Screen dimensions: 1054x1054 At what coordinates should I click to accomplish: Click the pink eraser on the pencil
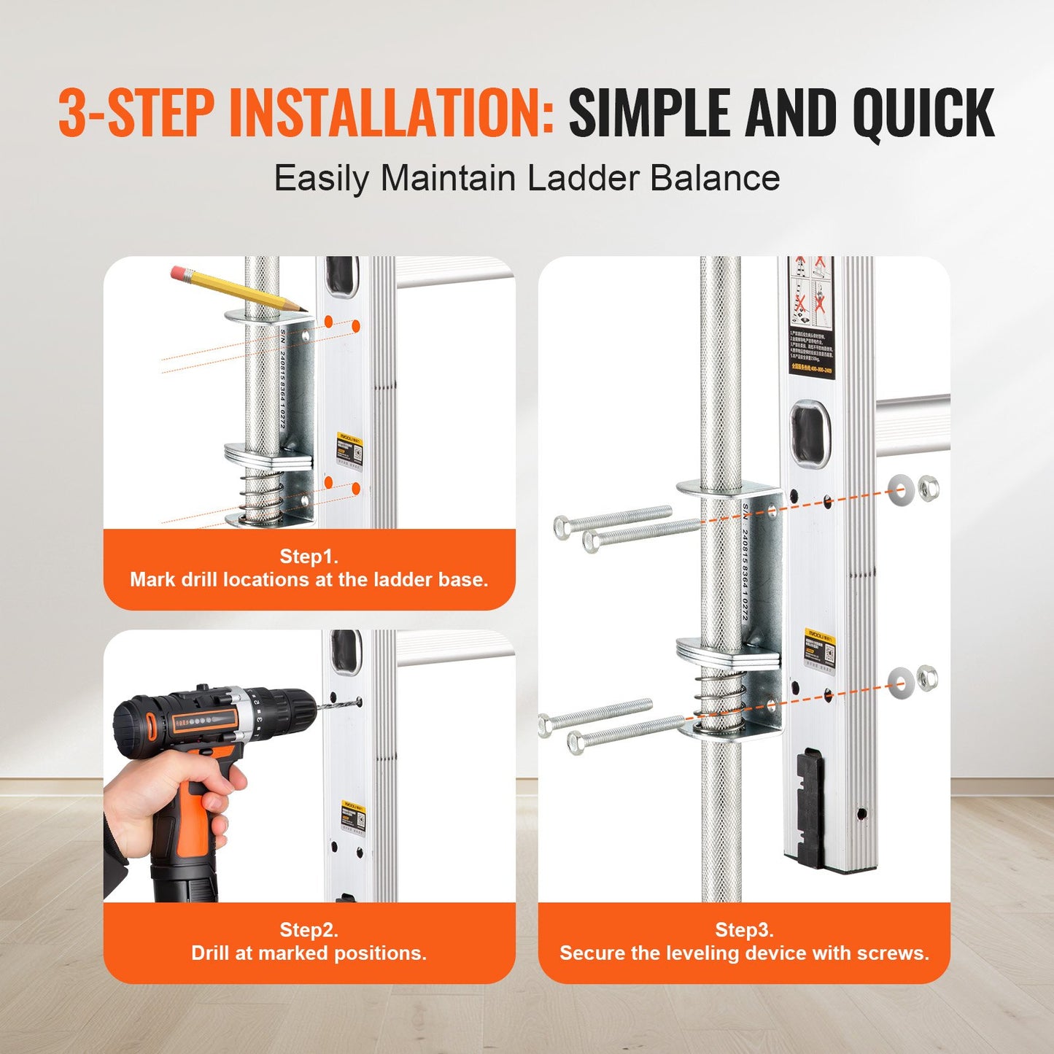(177, 273)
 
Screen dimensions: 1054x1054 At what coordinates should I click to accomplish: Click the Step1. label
(309, 557)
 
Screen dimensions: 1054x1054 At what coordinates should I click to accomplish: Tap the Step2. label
(309, 930)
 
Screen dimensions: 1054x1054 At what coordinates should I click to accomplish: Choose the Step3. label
(744, 930)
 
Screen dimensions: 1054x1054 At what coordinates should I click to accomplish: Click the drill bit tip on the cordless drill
(358, 703)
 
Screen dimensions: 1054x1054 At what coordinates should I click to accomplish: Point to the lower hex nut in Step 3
(926, 678)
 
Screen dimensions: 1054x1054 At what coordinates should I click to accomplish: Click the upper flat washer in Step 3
(902, 487)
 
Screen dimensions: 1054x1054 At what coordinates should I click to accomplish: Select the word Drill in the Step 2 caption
(212, 953)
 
